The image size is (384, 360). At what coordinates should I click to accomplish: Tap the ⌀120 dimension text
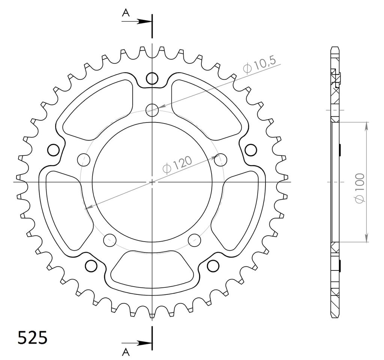[x=177, y=164]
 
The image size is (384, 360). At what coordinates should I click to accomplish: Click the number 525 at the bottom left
[x=32, y=338]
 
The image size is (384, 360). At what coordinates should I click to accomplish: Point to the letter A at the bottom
[x=126, y=352]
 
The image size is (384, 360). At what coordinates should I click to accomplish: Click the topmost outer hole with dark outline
[x=152, y=79]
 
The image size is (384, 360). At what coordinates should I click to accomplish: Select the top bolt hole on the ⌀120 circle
[x=152, y=110]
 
